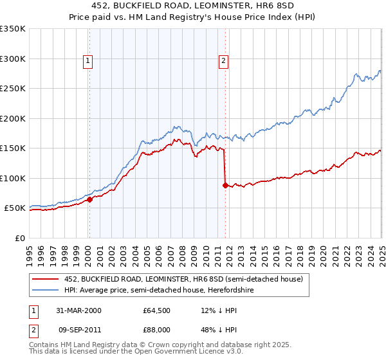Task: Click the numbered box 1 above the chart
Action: (x=87, y=62)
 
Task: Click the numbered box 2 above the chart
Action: (x=223, y=62)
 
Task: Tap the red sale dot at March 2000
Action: (x=90, y=199)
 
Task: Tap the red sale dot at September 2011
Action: (x=225, y=185)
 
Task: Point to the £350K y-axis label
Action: (x=13, y=29)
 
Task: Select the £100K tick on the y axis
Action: (x=13, y=178)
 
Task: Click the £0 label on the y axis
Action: (x=20, y=238)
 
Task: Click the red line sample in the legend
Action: (x=44, y=278)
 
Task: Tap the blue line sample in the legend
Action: (x=44, y=290)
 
